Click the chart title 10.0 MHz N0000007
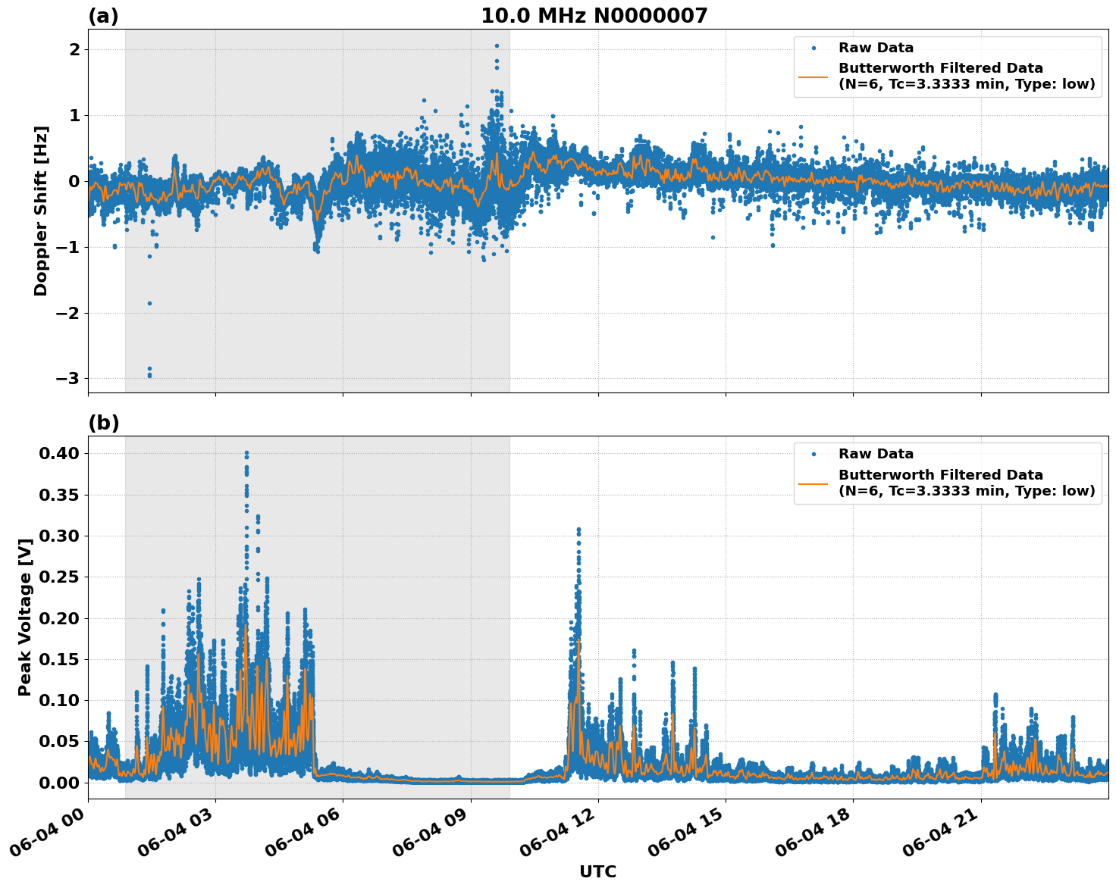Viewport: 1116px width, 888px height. click(x=594, y=16)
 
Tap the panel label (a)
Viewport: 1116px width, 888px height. click(x=103, y=16)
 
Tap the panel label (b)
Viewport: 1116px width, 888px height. click(x=103, y=423)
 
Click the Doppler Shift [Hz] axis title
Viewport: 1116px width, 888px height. click(x=41, y=211)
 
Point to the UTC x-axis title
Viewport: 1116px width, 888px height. click(x=597, y=871)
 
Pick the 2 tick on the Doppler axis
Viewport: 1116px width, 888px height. click(x=74, y=50)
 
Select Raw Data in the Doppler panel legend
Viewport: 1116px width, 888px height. click(x=876, y=48)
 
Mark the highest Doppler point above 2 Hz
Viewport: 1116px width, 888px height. click(x=497, y=46)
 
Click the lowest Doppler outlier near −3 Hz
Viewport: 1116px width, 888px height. click(x=149, y=375)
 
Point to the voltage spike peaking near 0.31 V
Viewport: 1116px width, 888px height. click(x=578, y=530)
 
